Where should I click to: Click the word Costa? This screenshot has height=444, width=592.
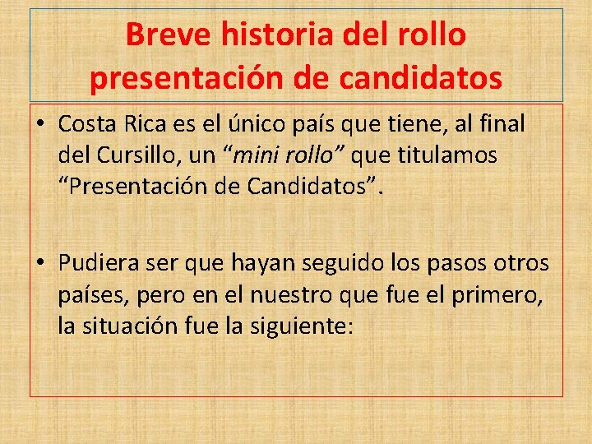pos(88,125)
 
